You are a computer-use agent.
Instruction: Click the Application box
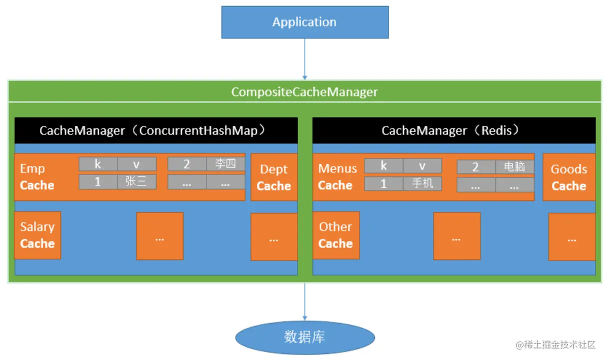(x=304, y=22)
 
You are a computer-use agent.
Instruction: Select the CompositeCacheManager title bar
(x=304, y=92)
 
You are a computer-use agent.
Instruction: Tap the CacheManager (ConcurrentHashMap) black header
(x=156, y=130)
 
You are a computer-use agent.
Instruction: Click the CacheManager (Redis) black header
(x=453, y=130)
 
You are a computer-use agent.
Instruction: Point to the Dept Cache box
(x=273, y=177)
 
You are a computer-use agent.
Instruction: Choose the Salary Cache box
(x=37, y=235)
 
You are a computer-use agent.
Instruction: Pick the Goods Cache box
(x=568, y=177)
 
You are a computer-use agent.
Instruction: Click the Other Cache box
(x=335, y=235)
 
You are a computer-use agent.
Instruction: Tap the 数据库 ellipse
(x=304, y=337)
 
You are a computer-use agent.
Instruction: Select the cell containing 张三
(x=136, y=182)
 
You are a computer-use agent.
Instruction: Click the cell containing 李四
(x=225, y=164)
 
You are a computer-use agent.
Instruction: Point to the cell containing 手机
(x=422, y=183)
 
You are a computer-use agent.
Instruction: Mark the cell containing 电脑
(x=514, y=166)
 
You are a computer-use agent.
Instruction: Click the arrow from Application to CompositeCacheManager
(x=304, y=59)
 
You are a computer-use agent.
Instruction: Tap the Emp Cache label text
(x=36, y=177)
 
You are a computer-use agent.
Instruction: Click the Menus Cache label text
(x=337, y=177)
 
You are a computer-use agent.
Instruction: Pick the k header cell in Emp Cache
(x=98, y=164)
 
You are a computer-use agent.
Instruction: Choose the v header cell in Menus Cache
(x=422, y=165)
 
